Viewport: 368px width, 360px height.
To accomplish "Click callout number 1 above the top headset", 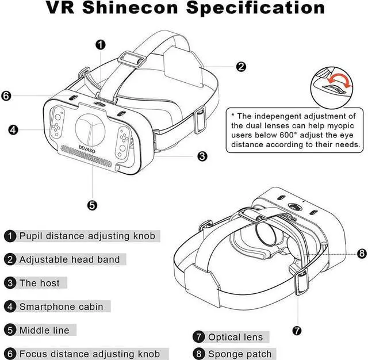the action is coord(101,44).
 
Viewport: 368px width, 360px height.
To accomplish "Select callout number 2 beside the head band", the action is coord(240,66).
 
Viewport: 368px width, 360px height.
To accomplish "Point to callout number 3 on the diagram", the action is coord(202,156).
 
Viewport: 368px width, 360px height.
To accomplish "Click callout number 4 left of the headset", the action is coord(13,129).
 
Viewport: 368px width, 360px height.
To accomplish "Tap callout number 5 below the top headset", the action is coord(92,204).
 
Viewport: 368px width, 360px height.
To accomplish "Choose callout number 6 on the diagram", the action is coord(6,96).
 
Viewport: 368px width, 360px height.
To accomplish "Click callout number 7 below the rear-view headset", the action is coord(297,331).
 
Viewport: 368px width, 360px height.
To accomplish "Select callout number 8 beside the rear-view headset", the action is coord(361,253).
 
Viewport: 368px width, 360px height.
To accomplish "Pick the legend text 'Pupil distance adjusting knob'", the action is coord(86,236).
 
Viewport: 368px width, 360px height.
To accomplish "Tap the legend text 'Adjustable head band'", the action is coord(70,259).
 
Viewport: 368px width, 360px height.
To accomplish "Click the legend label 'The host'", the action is coord(39,283).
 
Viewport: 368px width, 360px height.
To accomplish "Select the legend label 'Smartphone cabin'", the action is coord(61,307).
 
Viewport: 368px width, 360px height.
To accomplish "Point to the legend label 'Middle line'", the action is coord(44,330).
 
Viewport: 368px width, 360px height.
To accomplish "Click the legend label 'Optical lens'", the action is coord(235,337).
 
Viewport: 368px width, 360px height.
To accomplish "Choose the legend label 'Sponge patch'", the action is coord(239,354).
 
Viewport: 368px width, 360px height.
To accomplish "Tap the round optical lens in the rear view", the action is coord(269,235).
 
